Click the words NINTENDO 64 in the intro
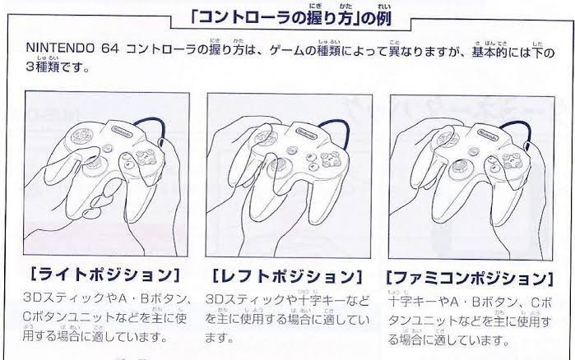click(72, 48)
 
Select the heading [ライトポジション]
click(105, 275)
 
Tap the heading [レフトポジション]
click(287, 277)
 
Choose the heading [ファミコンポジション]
click(470, 279)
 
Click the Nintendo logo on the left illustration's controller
click(123, 132)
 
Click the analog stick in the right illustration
click(457, 167)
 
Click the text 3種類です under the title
click(58, 67)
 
